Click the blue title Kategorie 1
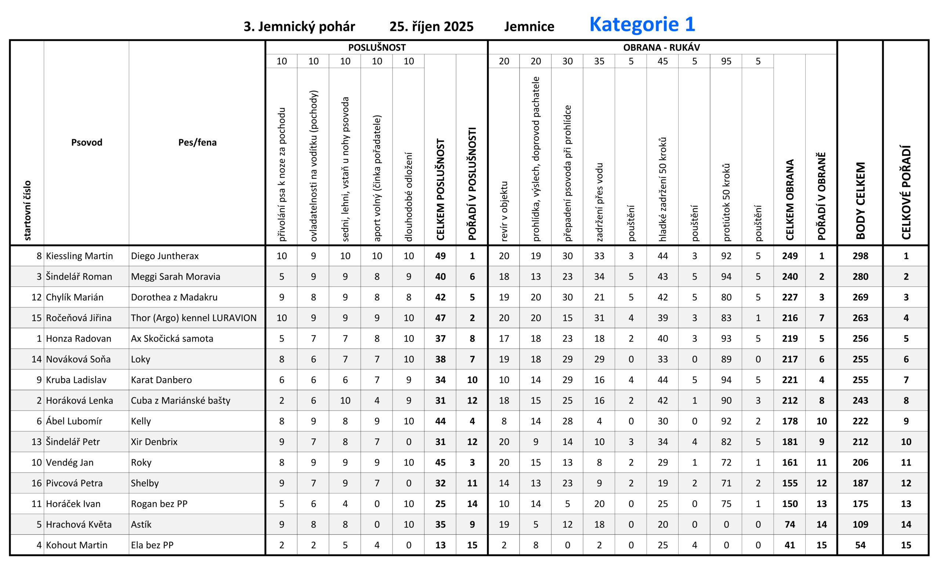tap(642, 24)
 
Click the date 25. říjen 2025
tap(431, 26)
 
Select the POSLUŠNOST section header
tap(376, 47)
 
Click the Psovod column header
tap(87, 142)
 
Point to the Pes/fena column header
tap(197, 142)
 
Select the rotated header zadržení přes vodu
tap(599, 202)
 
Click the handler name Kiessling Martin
tap(79, 256)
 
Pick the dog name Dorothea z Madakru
tap(174, 297)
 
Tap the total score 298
tap(860, 256)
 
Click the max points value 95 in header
tap(726, 61)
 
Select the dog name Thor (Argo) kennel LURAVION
tap(194, 318)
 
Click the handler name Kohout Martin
tap(76, 545)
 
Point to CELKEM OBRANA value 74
tap(789, 524)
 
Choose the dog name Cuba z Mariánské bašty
tap(181, 401)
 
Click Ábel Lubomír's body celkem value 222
tap(860, 421)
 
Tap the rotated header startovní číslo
tap(28, 210)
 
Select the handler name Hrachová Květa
tap(79, 524)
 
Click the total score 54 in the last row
tap(860, 545)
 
